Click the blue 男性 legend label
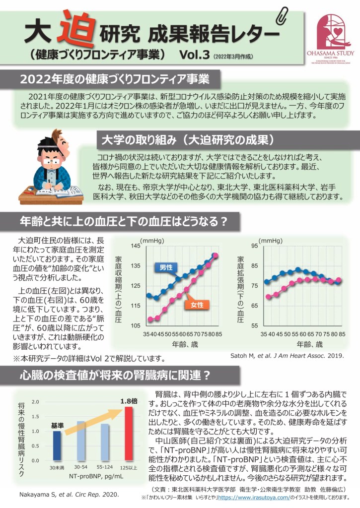(x=166, y=268)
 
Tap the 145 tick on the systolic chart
(x=136, y=247)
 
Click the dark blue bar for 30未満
(x=57, y=445)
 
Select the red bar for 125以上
(x=129, y=433)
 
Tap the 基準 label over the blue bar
(x=58, y=426)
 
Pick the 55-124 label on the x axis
(x=105, y=467)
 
